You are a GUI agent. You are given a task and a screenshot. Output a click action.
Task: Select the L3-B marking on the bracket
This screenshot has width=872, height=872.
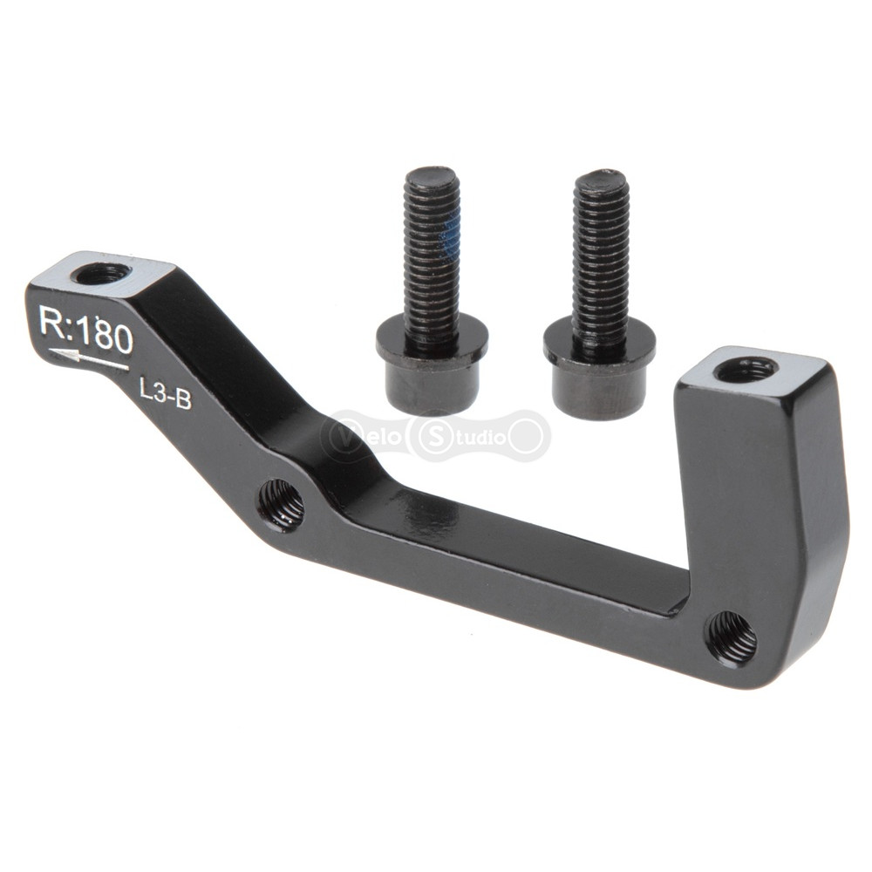tap(166, 394)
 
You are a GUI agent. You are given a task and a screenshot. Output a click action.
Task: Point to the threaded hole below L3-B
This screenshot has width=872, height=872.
tap(282, 504)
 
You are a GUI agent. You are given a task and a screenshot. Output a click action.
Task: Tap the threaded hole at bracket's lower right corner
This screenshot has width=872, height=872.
tap(732, 638)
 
